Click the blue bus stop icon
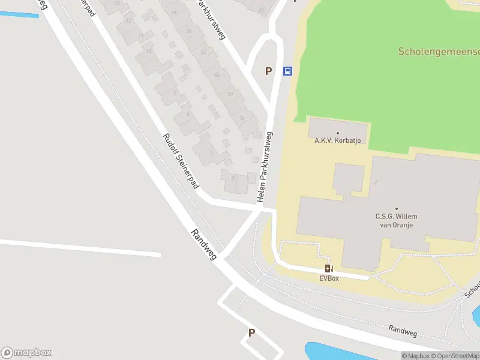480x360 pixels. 287,71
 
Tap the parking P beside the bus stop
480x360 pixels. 269,71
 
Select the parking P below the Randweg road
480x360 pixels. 251,332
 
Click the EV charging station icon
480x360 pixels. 329,269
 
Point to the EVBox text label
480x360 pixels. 329,278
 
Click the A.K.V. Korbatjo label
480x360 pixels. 337,141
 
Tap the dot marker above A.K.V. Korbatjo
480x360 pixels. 338,133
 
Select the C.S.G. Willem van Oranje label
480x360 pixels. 396,220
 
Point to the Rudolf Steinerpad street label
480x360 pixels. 181,161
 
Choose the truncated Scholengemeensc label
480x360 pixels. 439,52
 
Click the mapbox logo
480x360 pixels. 26,353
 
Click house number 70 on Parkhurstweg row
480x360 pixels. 230,94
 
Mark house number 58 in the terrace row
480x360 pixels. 188,31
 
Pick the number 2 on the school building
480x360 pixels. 375,182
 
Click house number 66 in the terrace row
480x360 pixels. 217,74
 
